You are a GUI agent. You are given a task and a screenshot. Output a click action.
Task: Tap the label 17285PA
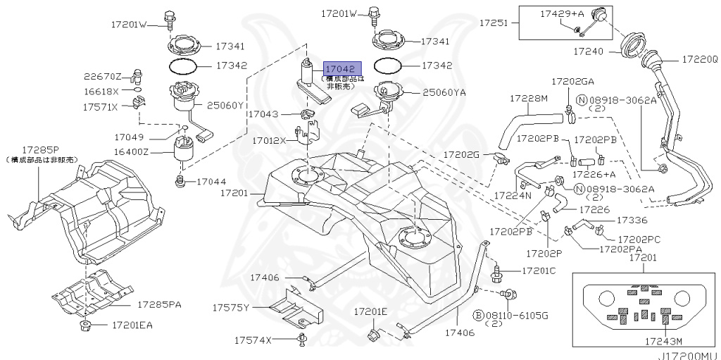158,305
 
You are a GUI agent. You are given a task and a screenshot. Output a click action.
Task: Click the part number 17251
494,23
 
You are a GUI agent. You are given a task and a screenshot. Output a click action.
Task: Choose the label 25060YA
444,92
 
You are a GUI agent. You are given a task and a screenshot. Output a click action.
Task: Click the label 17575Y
232,307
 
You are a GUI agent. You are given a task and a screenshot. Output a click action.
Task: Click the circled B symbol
477,314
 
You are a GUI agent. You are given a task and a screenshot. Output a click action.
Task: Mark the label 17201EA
131,325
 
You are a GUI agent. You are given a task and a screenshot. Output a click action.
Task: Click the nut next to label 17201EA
85,325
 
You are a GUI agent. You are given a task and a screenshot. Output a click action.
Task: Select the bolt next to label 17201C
497,269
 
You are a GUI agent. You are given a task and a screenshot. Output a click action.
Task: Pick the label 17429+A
563,13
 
